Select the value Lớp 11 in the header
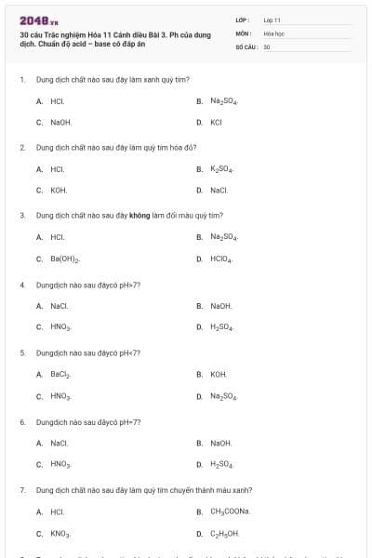click(x=272, y=20)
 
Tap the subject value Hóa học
click(x=272, y=33)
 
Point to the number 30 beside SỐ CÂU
click(x=267, y=46)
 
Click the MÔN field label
click(x=242, y=33)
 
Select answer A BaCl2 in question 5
click(x=60, y=375)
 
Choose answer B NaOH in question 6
click(x=220, y=443)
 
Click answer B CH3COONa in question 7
click(x=230, y=511)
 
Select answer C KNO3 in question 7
click(x=60, y=534)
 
